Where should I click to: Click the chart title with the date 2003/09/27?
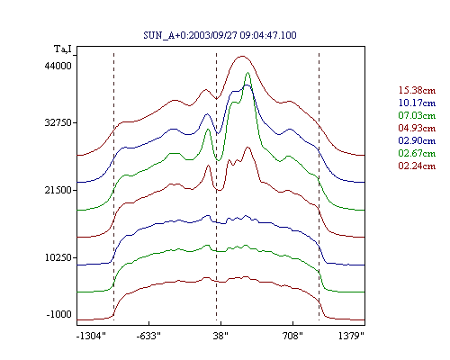220,35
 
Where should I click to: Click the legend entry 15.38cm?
417,90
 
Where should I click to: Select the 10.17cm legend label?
417,103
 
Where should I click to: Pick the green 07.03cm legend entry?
417,115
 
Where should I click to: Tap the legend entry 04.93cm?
417,128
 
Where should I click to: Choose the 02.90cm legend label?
417,140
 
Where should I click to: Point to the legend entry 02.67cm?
417,153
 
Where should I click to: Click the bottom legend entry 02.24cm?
417,166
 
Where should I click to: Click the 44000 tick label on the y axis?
58,66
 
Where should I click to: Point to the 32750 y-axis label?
58,122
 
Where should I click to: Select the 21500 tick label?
58,190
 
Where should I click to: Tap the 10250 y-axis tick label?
58,257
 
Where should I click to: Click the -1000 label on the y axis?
59,314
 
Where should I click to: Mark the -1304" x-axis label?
91,336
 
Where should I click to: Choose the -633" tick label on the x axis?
148,336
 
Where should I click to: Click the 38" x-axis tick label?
220,336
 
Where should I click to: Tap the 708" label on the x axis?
292,336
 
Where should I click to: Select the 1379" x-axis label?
351,336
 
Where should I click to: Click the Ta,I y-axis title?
63,49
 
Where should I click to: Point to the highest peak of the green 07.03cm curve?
247,73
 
